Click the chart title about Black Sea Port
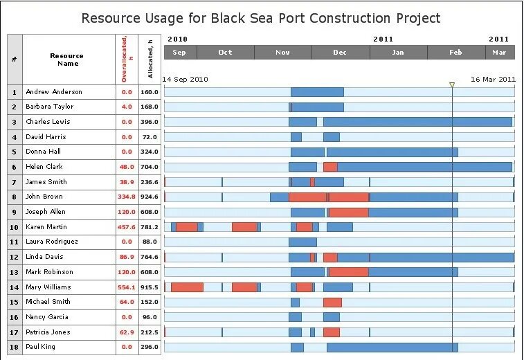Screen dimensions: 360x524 tap(261, 18)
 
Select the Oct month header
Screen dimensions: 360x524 tap(225, 53)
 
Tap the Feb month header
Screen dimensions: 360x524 tap(455, 53)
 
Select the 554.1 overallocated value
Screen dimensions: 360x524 tap(126, 287)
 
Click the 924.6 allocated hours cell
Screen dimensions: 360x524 tap(150, 197)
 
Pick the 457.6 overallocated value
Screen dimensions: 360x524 tap(126, 227)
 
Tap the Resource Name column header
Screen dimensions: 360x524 tap(66, 60)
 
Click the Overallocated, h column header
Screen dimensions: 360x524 tap(126, 60)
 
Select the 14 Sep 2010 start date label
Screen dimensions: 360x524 tap(185, 80)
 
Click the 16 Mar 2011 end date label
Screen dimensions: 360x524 tap(493, 80)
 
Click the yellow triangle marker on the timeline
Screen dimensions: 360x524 tap(452, 85)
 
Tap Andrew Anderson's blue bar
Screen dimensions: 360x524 tap(317, 92)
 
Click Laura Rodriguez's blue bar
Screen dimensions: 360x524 tap(302, 242)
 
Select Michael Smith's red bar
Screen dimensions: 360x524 tap(332, 303)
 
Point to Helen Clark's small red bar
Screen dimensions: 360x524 tap(330, 167)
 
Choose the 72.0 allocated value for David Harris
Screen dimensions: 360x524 tap(150, 137)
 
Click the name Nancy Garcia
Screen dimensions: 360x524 tap(46, 317)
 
